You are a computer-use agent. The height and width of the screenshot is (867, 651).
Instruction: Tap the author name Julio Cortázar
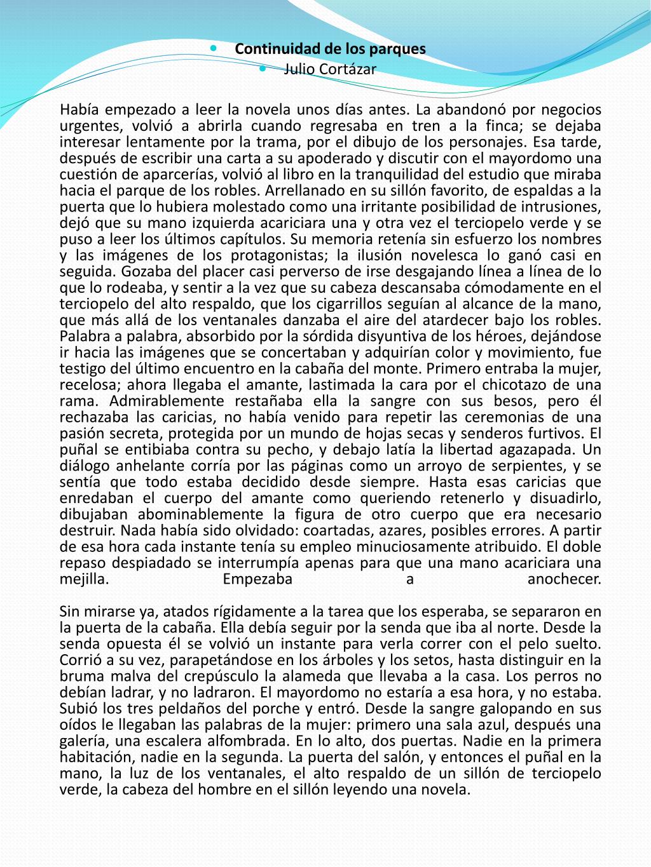[330, 69]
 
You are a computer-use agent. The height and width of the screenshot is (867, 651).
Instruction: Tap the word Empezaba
[258, 579]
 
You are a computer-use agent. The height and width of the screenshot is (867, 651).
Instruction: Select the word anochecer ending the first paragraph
[564, 579]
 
